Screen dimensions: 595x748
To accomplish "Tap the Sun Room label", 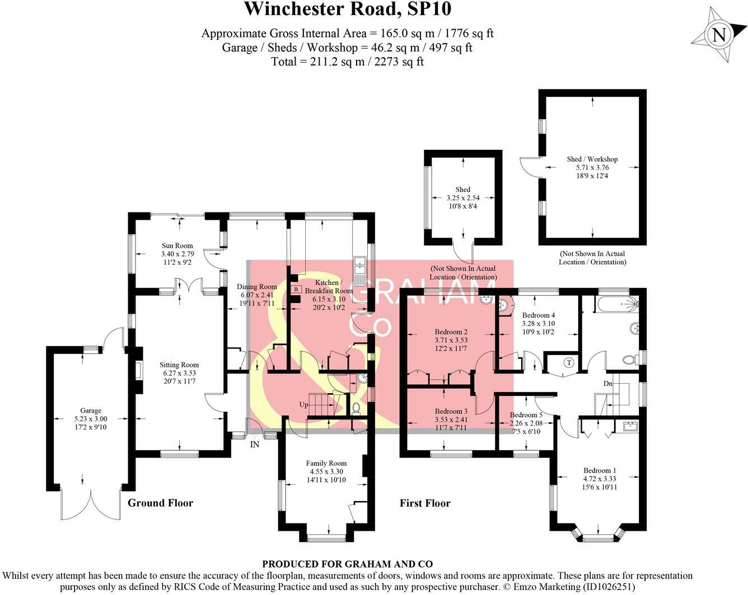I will (x=177, y=245).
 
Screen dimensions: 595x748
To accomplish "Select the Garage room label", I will (x=91, y=410).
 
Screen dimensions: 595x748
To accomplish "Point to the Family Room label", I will (x=326, y=463).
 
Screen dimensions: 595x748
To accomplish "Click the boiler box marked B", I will (x=296, y=289).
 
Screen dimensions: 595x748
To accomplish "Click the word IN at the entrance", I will (x=255, y=445).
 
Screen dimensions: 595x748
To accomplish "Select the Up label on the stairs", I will (x=303, y=404).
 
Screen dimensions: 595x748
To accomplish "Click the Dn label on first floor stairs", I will (x=607, y=384).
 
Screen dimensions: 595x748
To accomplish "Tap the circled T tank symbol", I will (x=569, y=362).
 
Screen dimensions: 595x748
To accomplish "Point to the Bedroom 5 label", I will (x=526, y=415).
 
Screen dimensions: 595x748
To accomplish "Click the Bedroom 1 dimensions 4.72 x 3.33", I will (x=600, y=479).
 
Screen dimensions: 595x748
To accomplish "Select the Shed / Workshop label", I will (x=592, y=159).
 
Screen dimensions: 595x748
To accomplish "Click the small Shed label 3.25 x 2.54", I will (x=462, y=198).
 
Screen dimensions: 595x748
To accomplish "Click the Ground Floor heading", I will (x=160, y=503).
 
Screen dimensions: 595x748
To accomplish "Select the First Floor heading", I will (x=425, y=503).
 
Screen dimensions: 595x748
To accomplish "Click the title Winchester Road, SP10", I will (x=347, y=10).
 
